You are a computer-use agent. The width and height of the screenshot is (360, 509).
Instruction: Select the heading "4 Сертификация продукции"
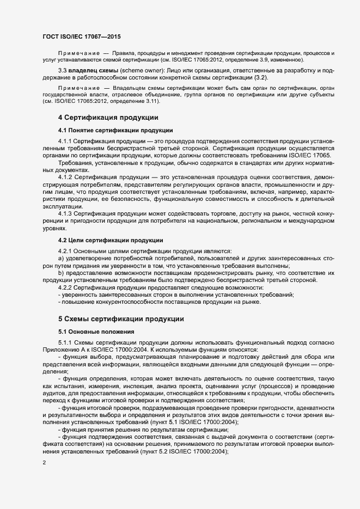pyautogui.click(x=108, y=117)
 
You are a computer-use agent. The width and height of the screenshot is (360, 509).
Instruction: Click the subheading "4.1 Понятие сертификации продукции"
pyautogui.click(x=115, y=130)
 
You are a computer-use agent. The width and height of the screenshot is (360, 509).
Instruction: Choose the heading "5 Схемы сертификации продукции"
pyautogui.click(x=121, y=318)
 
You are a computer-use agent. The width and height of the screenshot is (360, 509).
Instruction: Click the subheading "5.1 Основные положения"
pyautogui.click(x=93, y=331)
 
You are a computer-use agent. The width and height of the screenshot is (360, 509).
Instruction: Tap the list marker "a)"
pyautogui.click(x=61, y=259)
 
